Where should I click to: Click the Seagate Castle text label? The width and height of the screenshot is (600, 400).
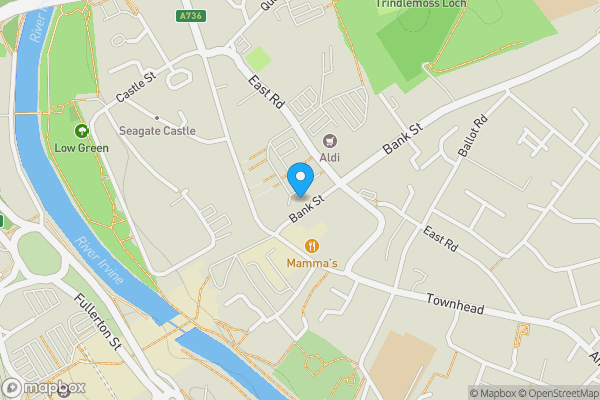coord(157,131)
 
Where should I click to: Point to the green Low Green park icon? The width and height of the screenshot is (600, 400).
coord(81,130)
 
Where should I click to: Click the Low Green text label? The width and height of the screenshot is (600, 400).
coord(81,148)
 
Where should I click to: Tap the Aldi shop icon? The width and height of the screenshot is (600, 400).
coord(329,141)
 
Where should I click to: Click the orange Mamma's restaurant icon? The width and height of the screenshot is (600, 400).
coord(312,246)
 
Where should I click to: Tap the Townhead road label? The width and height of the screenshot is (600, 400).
coord(455,300)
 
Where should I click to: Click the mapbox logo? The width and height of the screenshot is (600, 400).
coord(44,387)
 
